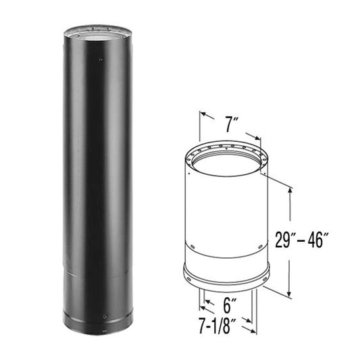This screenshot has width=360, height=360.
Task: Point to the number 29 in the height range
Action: (x=304, y=240)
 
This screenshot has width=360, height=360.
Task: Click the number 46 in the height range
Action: (x=335, y=240)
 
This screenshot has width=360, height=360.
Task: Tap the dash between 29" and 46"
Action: (x=319, y=240)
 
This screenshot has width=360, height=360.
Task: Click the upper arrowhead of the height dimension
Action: (x=290, y=192)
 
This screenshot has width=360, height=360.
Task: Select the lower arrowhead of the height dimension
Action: (x=290, y=294)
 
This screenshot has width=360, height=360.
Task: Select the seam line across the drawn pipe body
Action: (x=226, y=251)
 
